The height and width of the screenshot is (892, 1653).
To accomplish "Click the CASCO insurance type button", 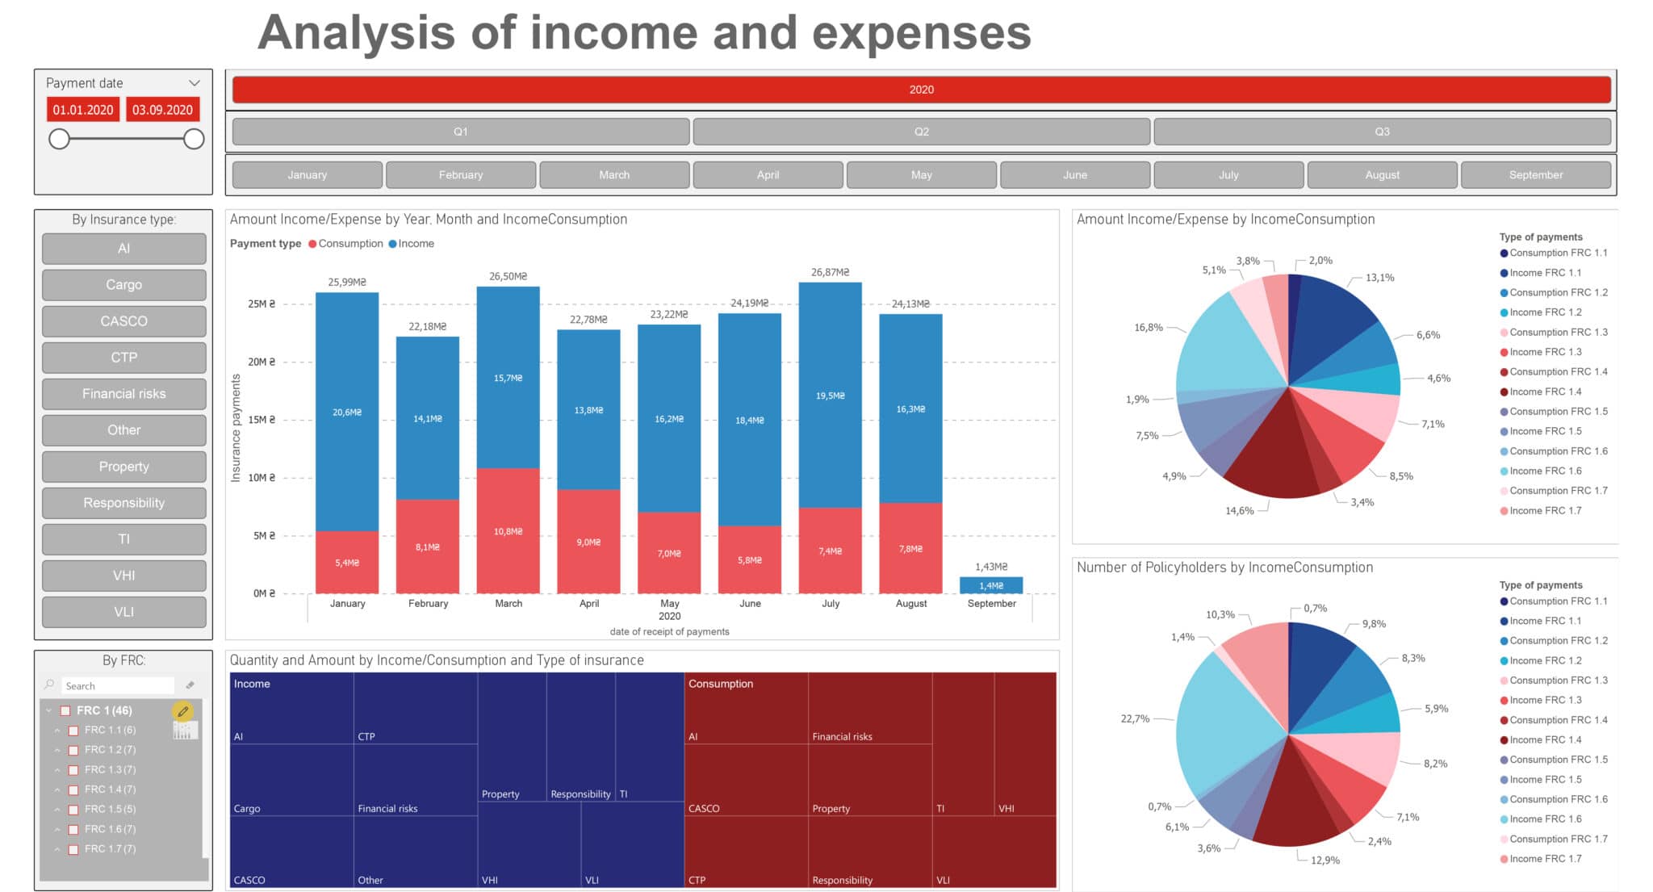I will pyautogui.click(x=123, y=321).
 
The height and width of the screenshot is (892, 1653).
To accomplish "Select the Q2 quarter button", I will pyautogui.click(x=921, y=132).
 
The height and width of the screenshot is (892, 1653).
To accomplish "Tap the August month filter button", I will pyautogui.click(x=1382, y=174).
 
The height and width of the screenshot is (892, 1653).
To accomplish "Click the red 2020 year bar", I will pyautogui.click(x=921, y=90).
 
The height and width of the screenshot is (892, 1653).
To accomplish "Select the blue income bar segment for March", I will pyautogui.click(x=508, y=378).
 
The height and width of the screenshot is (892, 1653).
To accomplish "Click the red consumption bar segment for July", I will pyautogui.click(x=830, y=551).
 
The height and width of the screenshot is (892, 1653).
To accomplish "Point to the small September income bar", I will pyautogui.click(x=990, y=585).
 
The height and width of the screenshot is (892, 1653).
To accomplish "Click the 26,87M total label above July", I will pyautogui.click(x=830, y=272).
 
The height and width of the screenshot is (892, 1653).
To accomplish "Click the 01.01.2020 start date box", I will pyautogui.click(x=83, y=110).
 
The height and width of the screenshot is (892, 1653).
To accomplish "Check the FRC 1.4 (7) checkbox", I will pyautogui.click(x=73, y=789).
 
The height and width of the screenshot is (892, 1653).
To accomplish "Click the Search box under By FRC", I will pyautogui.click(x=117, y=685).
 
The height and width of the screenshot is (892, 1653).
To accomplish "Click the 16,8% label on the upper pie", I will pyautogui.click(x=1148, y=328).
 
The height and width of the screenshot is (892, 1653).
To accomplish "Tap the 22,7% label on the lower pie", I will pyautogui.click(x=1134, y=718).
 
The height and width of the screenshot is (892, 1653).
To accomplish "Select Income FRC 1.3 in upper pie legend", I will pyautogui.click(x=1544, y=352).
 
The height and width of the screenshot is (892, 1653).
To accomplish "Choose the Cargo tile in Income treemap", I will pyautogui.click(x=291, y=779).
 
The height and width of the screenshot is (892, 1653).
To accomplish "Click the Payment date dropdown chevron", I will pyautogui.click(x=194, y=83).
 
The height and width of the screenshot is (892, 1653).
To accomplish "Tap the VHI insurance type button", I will pyautogui.click(x=123, y=576).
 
